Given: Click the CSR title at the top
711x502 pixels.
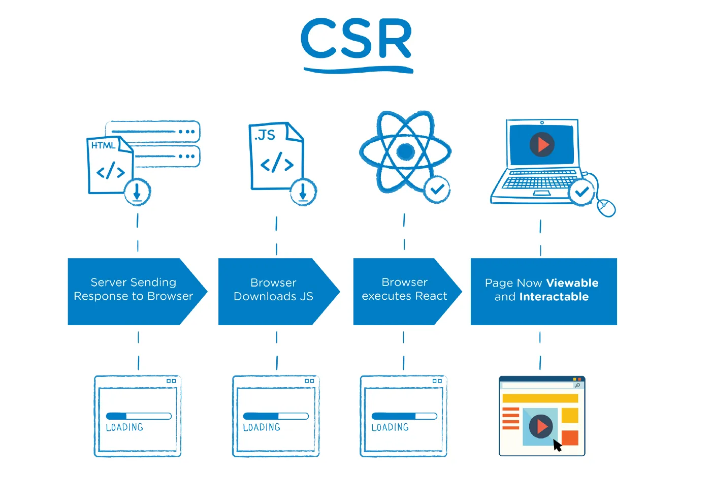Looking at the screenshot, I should [x=356, y=39].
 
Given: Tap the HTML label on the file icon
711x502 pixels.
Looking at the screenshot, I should [x=103, y=146].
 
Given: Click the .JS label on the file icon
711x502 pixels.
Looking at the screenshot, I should [x=265, y=135].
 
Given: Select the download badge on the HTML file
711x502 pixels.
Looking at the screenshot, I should [x=137, y=192].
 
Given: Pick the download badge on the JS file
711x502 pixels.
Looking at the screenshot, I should [x=303, y=192].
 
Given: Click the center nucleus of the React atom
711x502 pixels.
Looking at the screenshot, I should [x=405, y=151].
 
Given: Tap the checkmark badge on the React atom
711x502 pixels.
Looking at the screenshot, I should [x=437, y=190].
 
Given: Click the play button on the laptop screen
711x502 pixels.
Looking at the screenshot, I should [x=542, y=145].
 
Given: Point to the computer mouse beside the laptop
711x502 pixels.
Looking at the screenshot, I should [x=606, y=207].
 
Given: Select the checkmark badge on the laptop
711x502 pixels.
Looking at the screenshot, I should [x=581, y=192].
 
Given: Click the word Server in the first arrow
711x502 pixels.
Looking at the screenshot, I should [x=108, y=283].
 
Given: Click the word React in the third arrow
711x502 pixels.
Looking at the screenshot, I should [x=431, y=296].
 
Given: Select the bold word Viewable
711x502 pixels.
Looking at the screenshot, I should [x=572, y=283].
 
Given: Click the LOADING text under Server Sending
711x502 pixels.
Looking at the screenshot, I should [x=124, y=427].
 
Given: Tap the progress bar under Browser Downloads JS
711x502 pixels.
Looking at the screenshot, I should [x=276, y=416].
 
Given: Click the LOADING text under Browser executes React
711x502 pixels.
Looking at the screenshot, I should [x=390, y=427].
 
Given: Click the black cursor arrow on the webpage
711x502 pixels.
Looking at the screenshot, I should [x=557, y=446].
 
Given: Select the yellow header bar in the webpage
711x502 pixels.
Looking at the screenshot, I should [x=540, y=398].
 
